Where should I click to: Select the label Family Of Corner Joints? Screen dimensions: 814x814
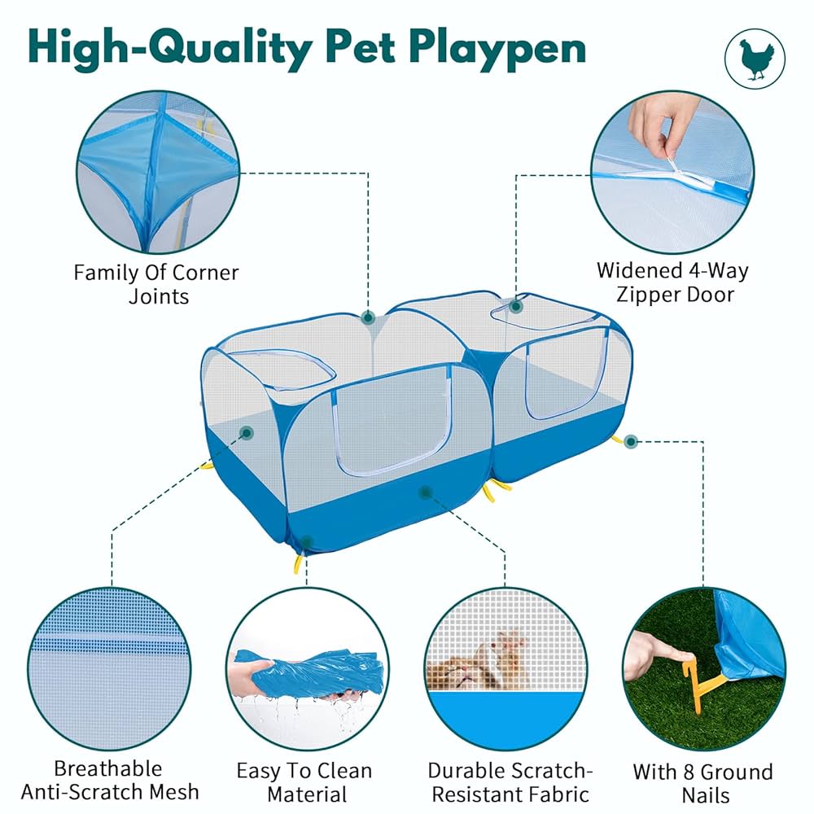point(157,283)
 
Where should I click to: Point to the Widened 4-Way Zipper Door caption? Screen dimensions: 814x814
point(672,282)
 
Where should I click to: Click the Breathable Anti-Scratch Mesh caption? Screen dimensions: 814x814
point(109,780)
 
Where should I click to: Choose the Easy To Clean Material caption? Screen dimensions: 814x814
point(304,781)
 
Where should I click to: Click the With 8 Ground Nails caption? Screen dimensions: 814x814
point(702,782)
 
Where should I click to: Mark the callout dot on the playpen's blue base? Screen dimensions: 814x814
point(424,492)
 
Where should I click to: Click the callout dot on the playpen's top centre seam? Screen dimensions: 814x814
point(368,316)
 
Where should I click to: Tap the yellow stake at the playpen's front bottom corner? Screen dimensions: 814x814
point(299,561)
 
